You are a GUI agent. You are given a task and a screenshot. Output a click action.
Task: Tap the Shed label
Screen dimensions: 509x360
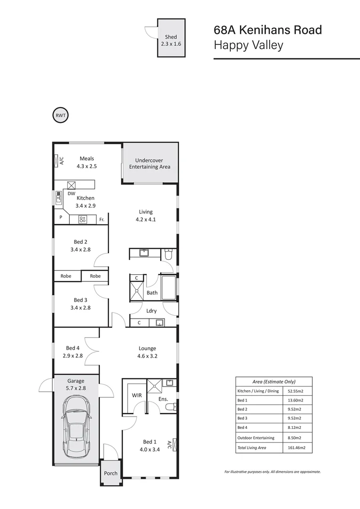point(171,37)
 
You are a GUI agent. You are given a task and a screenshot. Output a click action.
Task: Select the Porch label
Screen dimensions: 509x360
point(111,473)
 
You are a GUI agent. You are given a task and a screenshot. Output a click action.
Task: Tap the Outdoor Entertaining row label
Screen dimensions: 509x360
point(256,438)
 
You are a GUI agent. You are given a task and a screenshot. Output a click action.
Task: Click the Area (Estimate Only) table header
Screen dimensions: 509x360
point(274,382)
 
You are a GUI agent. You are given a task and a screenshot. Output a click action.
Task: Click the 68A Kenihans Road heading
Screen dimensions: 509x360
point(268,30)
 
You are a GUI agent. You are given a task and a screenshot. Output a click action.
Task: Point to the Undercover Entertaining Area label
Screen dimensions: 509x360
point(150,164)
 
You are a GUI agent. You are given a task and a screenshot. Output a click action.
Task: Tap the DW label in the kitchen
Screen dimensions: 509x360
point(72,193)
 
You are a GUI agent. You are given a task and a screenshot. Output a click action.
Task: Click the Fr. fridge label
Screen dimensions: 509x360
point(102,220)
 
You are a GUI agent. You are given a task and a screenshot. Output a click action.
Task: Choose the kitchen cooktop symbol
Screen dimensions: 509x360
point(82,219)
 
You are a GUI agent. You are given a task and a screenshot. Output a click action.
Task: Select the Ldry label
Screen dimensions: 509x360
point(152,311)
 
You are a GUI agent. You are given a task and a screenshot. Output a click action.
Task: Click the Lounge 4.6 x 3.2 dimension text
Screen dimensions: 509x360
point(147,356)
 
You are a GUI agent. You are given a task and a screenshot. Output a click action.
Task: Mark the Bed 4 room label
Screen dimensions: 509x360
point(73,348)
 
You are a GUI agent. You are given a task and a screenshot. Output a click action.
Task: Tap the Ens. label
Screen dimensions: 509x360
point(163,399)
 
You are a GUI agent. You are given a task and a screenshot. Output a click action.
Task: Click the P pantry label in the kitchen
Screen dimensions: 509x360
point(61,218)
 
